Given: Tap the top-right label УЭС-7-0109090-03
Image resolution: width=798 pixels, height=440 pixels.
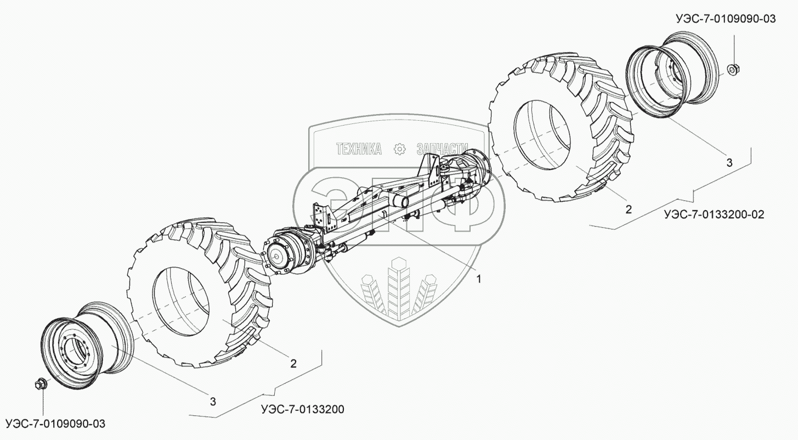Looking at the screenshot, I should pos(726,19).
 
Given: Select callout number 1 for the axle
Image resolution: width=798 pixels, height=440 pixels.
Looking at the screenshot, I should pos(478,279).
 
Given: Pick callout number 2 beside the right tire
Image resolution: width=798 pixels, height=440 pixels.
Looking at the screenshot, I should pos(629,209).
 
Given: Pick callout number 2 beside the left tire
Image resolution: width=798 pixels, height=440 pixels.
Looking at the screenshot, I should pos(293,363).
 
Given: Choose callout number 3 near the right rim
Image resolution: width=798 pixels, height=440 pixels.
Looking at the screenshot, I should pos(729,162).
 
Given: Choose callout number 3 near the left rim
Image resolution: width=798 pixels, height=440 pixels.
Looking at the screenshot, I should pos(213,402).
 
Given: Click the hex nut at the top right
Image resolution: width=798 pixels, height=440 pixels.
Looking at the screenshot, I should pos(732,70).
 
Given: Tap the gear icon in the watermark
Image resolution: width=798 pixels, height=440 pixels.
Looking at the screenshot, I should pos(399,148).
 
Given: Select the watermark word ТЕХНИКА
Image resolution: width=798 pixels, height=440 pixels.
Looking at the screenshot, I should pos(359,148).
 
